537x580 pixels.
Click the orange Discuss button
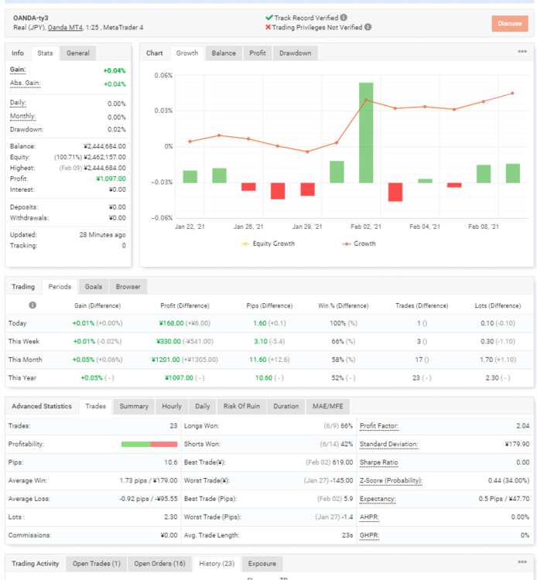[510, 23]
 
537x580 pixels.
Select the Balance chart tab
[224, 53]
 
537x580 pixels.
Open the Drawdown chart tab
[295, 53]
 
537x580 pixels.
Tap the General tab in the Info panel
[77, 53]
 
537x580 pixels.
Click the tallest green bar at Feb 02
[366, 132]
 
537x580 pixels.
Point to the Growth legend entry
[358, 244]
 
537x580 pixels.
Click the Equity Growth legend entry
[268, 244]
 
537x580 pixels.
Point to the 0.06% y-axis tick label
[163, 76]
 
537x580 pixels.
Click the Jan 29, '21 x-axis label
[307, 227]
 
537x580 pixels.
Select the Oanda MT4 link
[65, 27]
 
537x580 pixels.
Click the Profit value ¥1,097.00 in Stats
[111, 179]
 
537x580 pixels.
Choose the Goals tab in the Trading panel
[94, 287]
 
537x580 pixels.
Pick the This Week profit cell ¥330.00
[169, 341]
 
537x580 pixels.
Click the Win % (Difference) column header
[343, 305]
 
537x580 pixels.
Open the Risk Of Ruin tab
[241, 406]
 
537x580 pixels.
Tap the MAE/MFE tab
[327, 406]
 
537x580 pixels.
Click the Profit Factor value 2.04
[522, 426]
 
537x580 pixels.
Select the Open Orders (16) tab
[159, 564]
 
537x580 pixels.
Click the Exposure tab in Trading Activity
[262, 564]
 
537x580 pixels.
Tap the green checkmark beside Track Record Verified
[269, 17]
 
